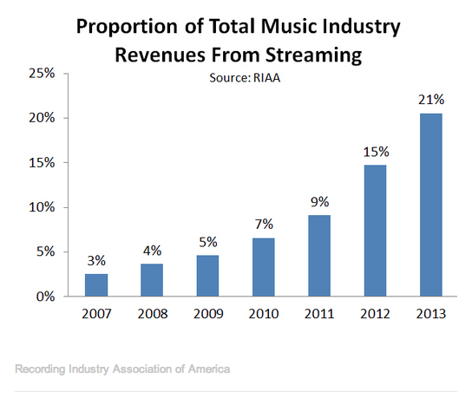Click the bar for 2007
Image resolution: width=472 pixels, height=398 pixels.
coord(96,285)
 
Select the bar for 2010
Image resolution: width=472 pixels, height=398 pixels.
coord(264,267)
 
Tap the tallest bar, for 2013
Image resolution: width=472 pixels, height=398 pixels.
coord(431,205)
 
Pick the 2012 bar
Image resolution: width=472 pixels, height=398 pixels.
coord(375,231)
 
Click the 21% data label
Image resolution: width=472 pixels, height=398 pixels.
coord(431,100)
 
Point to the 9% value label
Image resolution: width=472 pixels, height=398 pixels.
coord(319,201)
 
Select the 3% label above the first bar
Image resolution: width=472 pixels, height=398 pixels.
coord(96,260)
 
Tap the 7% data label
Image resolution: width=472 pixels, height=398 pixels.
coord(264,224)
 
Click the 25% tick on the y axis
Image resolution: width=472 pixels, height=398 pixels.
coord(42,73)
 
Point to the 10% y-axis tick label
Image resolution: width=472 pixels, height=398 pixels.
coord(42,207)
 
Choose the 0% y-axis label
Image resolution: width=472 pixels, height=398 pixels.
coord(45,297)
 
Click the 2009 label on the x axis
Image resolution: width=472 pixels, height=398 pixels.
coord(208,314)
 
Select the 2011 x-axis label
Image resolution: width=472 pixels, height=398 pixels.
coord(319,314)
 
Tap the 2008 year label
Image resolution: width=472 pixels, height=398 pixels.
coord(153,314)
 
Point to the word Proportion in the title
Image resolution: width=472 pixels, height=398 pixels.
coord(127,27)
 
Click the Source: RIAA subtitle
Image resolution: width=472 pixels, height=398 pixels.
coord(245,78)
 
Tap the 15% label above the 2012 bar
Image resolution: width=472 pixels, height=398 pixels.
coord(376,152)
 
